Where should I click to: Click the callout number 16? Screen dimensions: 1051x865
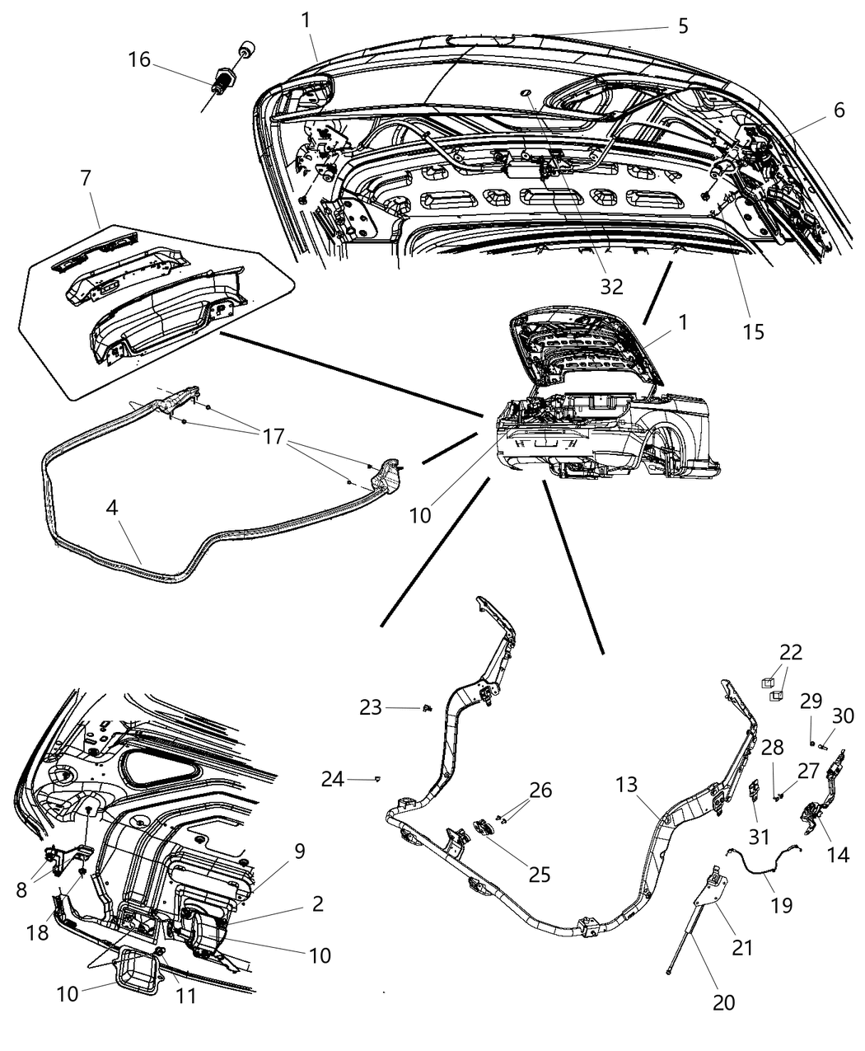139,59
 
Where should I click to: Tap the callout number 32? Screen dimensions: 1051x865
611,286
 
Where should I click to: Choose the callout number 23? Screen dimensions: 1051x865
370,706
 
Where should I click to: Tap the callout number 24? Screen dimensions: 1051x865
333,778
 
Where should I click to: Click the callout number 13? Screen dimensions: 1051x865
626,784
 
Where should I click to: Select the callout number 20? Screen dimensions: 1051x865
724,1002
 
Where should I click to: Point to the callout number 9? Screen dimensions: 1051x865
299,851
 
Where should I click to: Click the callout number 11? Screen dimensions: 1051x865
187,996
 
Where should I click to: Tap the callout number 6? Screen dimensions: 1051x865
839,110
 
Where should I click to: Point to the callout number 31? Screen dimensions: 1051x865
758,836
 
